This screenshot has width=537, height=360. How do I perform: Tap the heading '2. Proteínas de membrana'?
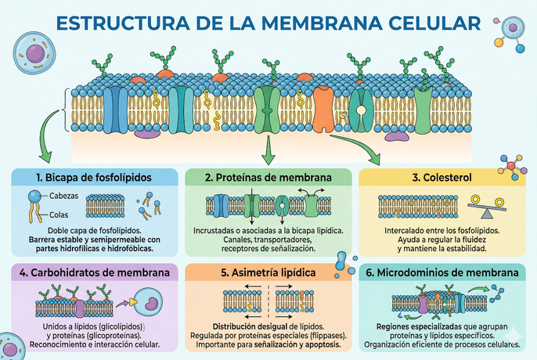[x=268, y=178]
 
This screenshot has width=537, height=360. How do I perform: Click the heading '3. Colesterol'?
[x=442, y=178]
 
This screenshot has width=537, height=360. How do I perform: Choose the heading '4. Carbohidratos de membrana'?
[x=92, y=273]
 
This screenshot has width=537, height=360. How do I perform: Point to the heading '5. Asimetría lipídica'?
[x=268, y=273]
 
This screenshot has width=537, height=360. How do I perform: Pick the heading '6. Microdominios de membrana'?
[x=442, y=273]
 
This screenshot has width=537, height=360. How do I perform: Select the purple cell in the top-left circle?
[x=34, y=53]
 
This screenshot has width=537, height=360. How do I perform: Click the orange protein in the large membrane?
[x=323, y=109]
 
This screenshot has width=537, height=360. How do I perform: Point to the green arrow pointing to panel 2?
[x=268, y=149]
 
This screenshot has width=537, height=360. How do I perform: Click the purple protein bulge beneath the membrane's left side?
[x=146, y=132]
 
